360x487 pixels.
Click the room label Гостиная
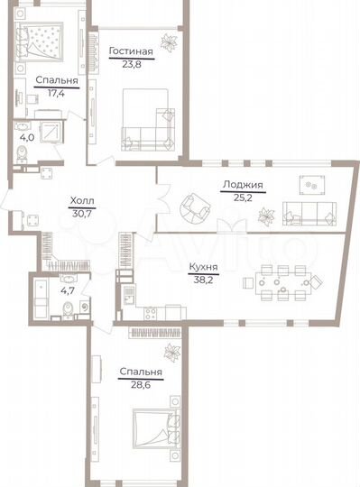(x=131, y=52)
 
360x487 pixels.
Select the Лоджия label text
(x=241, y=185)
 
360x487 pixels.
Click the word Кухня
(x=202, y=267)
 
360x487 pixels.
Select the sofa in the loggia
(x=309, y=212)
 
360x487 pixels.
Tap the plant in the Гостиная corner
(x=168, y=41)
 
